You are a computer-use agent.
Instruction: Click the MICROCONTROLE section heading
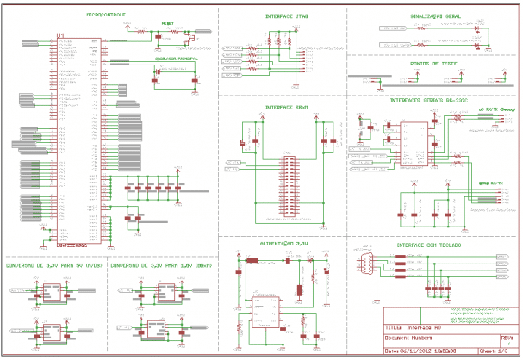pyautogui.click(x=107, y=15)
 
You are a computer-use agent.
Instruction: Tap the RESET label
pyautogui.click(x=167, y=24)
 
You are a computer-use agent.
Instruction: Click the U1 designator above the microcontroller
pyautogui.click(x=59, y=35)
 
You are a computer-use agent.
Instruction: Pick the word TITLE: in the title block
pyautogui.click(x=394, y=328)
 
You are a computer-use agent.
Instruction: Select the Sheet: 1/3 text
pyautogui.click(x=510, y=351)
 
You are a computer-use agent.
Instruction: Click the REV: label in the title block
pyautogui.click(x=507, y=339)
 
